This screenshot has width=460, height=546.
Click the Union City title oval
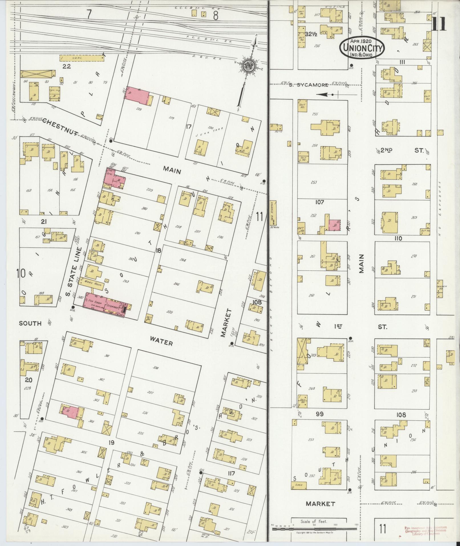pos(362,48)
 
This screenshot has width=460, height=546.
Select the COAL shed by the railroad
pos(82,58)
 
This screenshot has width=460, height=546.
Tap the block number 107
pos(320,202)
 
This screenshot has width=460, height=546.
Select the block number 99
pos(320,414)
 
